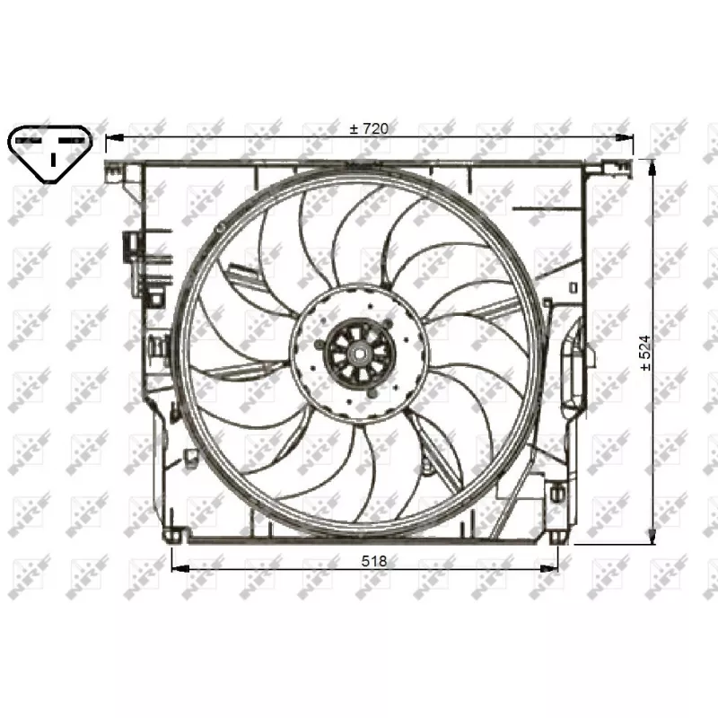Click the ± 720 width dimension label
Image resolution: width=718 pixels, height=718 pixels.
(369, 128)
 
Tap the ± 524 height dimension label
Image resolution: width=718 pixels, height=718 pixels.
(645, 353)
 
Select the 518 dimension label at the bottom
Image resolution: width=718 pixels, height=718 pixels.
(374, 560)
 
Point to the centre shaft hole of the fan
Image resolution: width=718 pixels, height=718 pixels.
(360, 353)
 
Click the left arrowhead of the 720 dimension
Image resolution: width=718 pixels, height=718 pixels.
(115, 137)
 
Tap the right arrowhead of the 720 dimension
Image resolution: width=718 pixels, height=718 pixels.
(624, 137)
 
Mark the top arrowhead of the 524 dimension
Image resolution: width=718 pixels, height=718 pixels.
(652, 169)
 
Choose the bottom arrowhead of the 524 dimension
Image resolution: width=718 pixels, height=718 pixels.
(652, 535)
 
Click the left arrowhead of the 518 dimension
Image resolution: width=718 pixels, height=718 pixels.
(180, 569)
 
